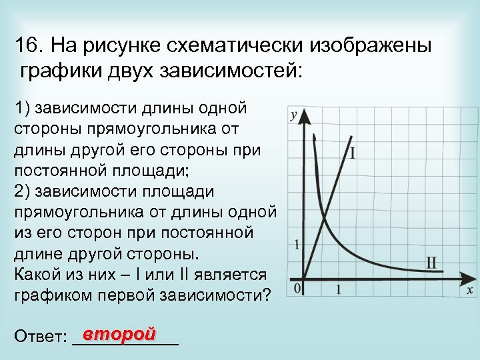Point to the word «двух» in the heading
pos(135,71)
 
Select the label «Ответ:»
pos(39,337)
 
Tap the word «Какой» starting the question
pos(36,275)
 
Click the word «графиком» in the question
pos(54,295)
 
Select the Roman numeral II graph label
pos(431,262)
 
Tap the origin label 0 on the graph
pos(297,288)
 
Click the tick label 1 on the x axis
pos(338,289)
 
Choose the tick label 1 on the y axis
pos(296,244)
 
